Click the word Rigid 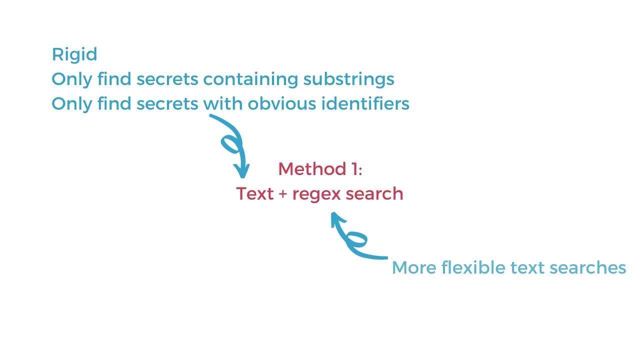74,54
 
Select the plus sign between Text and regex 282,194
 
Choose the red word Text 254,193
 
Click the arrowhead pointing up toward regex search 336,218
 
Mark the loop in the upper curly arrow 230,145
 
